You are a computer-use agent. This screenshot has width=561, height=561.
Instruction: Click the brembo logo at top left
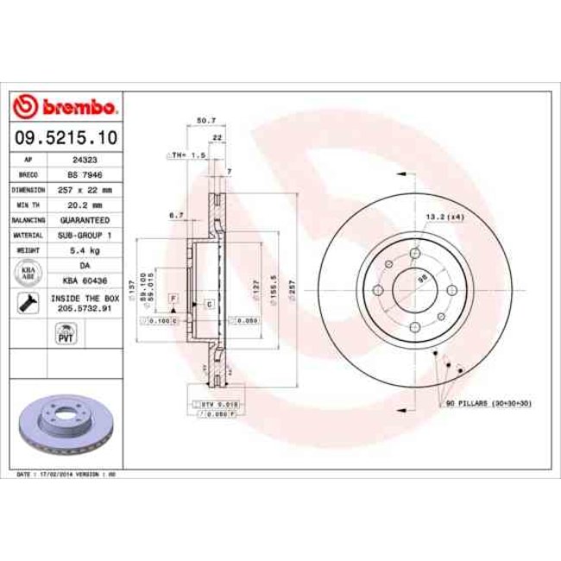click(x=66, y=107)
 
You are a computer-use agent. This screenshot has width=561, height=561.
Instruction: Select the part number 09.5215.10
click(x=66, y=137)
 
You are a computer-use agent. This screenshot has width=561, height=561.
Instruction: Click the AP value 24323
click(x=83, y=161)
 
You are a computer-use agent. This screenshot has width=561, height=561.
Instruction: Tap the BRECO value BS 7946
click(x=83, y=173)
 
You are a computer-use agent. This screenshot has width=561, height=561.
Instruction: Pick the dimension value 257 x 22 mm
click(x=83, y=188)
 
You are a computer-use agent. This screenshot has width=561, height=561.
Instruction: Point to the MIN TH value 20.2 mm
click(x=83, y=205)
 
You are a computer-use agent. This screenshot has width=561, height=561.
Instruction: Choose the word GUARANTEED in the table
click(x=83, y=220)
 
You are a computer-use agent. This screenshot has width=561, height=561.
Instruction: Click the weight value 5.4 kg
click(x=83, y=250)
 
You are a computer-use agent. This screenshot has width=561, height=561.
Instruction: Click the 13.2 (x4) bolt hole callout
click(x=443, y=217)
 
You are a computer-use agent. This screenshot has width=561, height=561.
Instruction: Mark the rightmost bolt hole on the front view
click(x=445, y=289)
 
